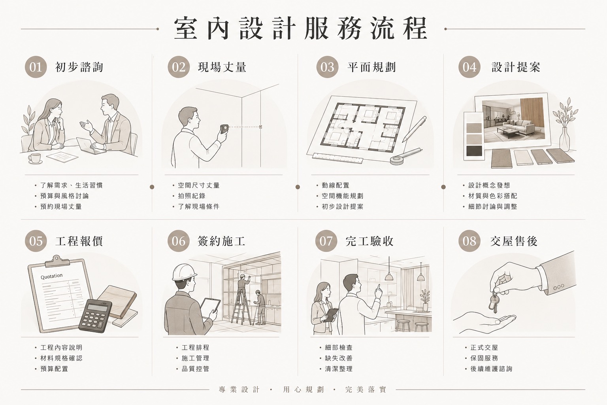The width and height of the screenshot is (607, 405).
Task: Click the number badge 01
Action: point(36,67)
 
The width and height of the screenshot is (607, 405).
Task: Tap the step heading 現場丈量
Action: point(222,67)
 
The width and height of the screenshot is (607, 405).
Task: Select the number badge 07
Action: point(326,241)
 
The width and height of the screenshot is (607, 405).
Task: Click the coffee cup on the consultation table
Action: point(35,159)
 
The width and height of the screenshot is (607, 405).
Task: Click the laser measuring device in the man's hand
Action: point(224,129)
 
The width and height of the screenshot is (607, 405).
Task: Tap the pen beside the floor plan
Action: point(414,129)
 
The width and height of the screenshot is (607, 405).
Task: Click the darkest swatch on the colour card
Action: point(474,151)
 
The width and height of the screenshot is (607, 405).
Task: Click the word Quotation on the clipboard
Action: point(51,276)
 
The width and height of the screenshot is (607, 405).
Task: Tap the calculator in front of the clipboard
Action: point(96,316)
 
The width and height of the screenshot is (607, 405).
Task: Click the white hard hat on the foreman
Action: point(184,273)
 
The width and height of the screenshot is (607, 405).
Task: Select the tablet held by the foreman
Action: point(210,308)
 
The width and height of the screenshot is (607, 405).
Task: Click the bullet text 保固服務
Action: point(484,358)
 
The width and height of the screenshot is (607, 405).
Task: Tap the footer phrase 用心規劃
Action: point(303,390)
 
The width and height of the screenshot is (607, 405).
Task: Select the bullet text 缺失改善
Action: point(339,358)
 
